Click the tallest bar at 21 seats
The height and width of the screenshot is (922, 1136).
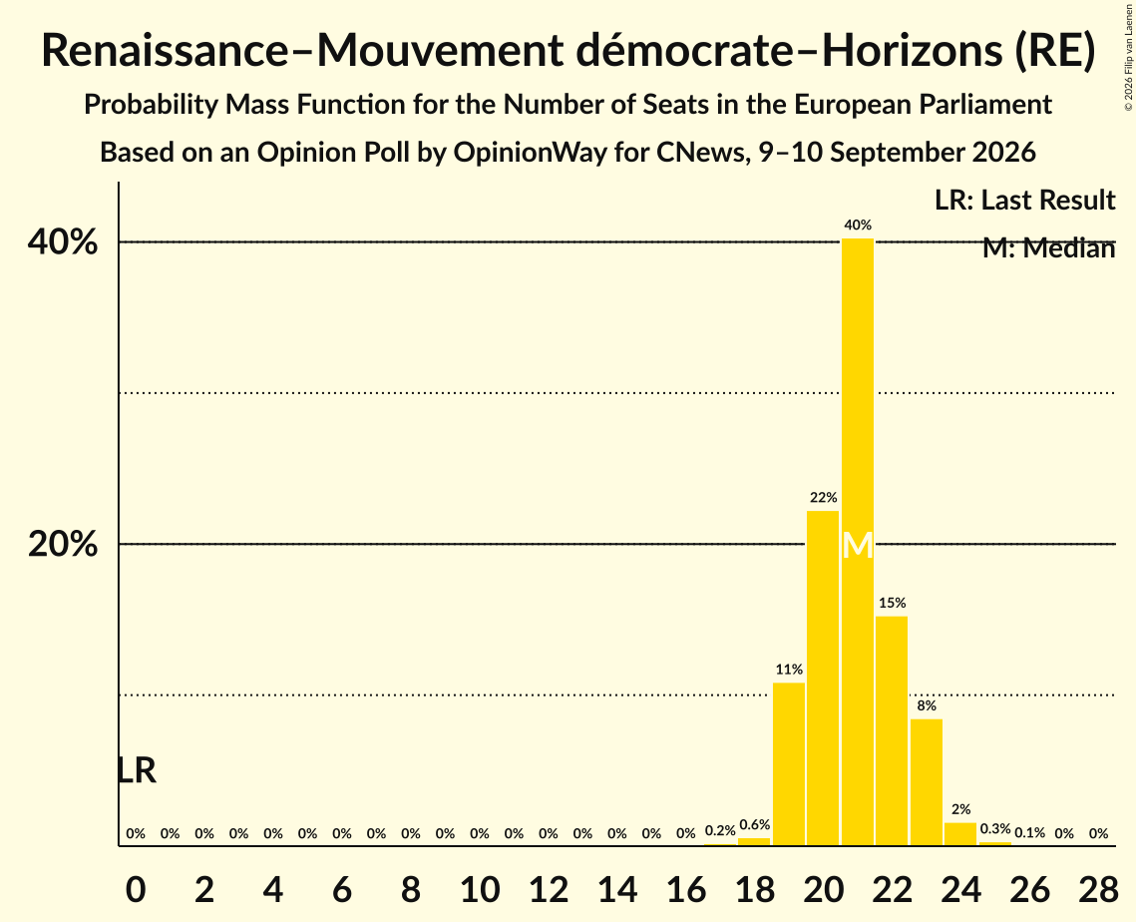tap(858, 542)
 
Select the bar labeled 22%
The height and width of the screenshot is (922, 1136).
tap(823, 678)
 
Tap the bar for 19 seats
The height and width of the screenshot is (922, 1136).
tap(789, 764)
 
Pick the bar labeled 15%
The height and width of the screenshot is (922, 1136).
tap(892, 730)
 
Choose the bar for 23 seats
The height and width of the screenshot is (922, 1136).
tap(927, 782)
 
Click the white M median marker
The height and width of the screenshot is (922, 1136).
tap(858, 546)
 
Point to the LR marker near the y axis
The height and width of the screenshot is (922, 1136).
tap(137, 770)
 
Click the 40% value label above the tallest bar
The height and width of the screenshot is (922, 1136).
tap(858, 226)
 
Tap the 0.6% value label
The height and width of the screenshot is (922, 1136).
tap(754, 825)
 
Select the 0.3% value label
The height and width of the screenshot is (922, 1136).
tap(995, 828)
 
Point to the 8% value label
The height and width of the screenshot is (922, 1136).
tap(927, 706)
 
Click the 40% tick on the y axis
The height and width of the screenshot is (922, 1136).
tap(62, 242)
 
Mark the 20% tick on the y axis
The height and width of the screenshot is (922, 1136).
tap(62, 545)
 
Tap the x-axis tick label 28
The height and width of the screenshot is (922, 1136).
tap(1098, 889)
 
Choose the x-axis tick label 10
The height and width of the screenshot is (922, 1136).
tap(480, 889)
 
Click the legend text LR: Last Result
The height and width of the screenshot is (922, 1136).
tap(1024, 200)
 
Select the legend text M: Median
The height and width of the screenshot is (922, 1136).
tap(1048, 248)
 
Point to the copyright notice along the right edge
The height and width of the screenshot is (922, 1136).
tap(1129, 57)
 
